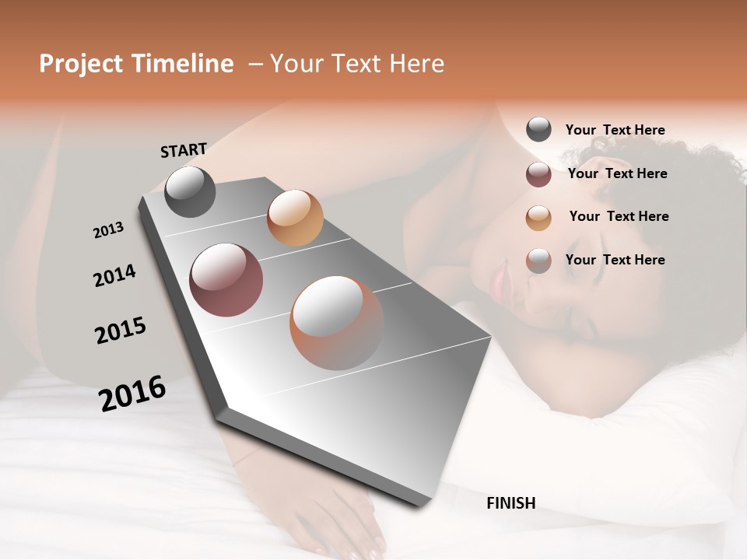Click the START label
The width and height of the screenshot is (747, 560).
pos(184,149)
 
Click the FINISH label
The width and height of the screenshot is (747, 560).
pos(510,503)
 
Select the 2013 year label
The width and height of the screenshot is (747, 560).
pos(108,230)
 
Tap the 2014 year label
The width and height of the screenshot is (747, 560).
pos(114,275)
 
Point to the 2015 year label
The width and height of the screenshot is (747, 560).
pos(121,331)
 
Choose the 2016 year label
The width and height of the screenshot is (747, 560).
pos(132,394)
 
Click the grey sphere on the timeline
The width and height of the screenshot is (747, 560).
pos(190,191)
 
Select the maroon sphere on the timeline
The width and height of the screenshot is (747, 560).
pos(226,280)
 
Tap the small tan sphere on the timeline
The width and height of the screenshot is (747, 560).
pos(295,218)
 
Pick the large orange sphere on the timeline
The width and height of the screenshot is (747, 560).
pos(336,322)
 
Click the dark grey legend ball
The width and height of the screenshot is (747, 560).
pos(538,129)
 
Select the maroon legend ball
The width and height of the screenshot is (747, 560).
pos(538,174)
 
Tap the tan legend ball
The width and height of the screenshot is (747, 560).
pos(538,218)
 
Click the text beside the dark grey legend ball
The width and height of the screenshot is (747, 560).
pos(615,130)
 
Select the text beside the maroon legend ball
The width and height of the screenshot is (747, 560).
pos(617,173)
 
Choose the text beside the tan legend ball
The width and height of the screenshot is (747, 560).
pos(619,216)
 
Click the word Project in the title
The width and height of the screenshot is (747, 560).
pos(82,64)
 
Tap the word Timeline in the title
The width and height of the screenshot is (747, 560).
pos(183,64)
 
